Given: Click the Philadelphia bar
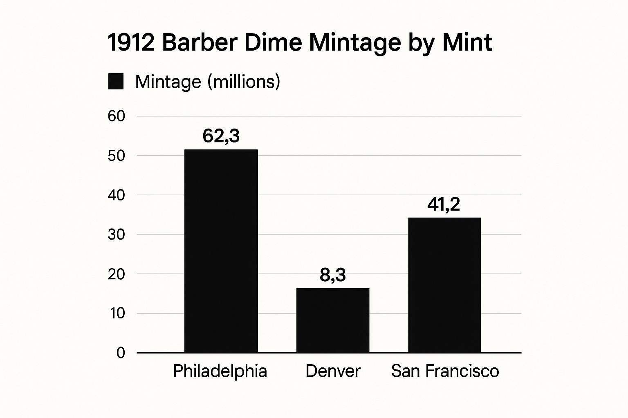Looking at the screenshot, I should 221,251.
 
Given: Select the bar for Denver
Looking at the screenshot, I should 332,320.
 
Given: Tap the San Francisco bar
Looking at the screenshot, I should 444,285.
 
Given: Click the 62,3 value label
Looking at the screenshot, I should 221,136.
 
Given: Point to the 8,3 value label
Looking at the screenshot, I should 332,275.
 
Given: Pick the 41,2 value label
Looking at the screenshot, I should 444,204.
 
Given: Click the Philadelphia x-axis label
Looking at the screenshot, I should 220,371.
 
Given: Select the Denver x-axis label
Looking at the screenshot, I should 333,371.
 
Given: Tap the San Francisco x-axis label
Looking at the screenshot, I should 445,371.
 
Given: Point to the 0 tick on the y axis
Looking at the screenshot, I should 121,353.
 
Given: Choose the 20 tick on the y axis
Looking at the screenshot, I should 116,274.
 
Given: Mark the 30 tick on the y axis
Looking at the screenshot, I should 116,234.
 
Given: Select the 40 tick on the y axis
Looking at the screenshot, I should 116,195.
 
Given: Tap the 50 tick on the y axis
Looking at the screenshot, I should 116,156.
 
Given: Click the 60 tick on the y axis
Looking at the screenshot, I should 116,116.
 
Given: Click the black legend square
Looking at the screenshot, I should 116,82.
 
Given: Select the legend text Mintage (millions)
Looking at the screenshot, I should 208,82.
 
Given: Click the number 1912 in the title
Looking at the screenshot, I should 131,42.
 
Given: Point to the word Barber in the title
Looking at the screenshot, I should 200,42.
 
